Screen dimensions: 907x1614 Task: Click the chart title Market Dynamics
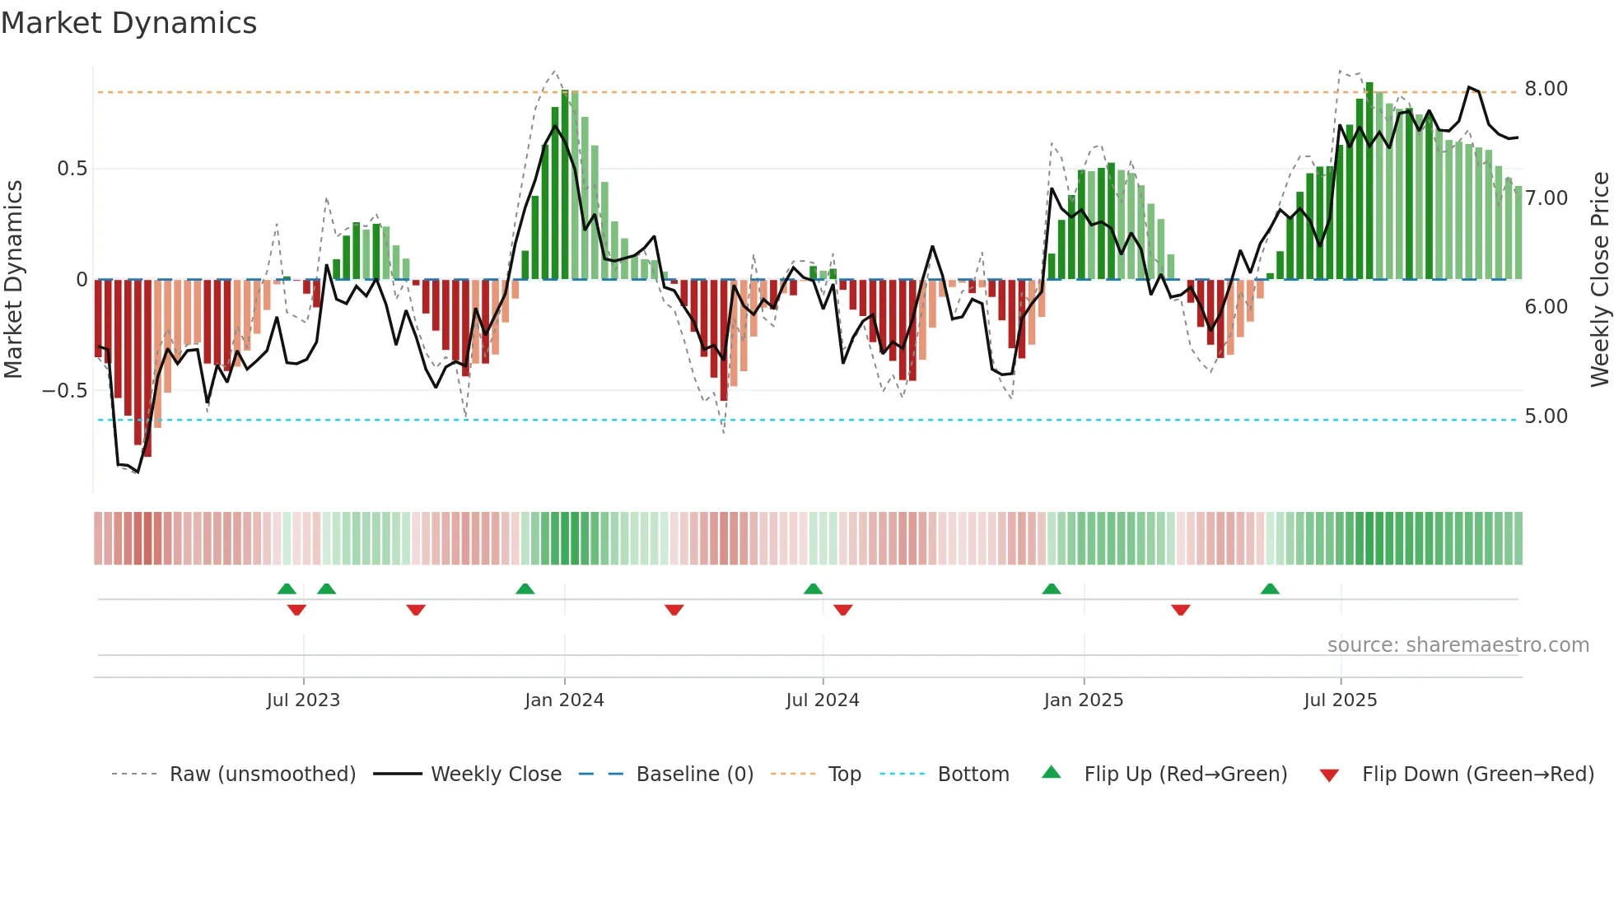pyautogui.click(x=129, y=23)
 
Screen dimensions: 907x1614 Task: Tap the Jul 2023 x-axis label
pyautogui.click(x=303, y=700)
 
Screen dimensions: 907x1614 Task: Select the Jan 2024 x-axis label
pyautogui.click(x=564, y=700)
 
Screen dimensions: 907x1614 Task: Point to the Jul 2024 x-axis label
pyautogui.click(x=822, y=700)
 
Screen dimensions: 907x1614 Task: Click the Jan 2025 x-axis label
pyautogui.click(x=1083, y=700)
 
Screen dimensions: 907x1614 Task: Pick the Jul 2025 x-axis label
pyautogui.click(x=1340, y=700)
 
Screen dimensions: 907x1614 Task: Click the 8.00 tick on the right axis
pyautogui.click(x=1546, y=89)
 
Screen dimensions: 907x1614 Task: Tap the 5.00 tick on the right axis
pyautogui.click(x=1546, y=416)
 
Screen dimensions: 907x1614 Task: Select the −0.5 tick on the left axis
pyautogui.click(x=64, y=391)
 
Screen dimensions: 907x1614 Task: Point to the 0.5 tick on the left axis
pyautogui.click(x=72, y=169)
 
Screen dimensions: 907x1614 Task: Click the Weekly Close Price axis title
pyautogui.click(x=1599, y=280)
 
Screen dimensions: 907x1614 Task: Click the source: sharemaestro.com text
pyautogui.click(x=1458, y=645)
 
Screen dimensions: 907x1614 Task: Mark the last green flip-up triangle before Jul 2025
pyautogui.click(x=1270, y=588)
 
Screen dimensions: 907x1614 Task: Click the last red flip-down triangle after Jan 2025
pyautogui.click(x=1180, y=610)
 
